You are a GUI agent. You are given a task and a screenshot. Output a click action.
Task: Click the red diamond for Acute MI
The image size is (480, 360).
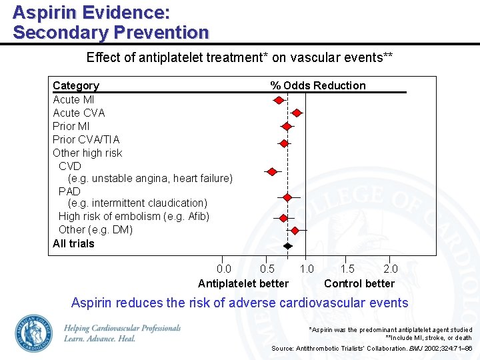pyautogui.click(x=279, y=100)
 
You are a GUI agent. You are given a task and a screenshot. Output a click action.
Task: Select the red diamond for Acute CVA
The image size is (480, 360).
pyautogui.click(x=297, y=113)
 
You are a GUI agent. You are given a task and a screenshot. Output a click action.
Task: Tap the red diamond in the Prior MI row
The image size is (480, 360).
pyautogui.click(x=287, y=126)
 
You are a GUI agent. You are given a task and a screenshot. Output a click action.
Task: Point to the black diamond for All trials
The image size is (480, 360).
pyautogui.click(x=287, y=245)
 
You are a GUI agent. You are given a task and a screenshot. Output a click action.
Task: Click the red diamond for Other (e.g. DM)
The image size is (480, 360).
pyautogui.click(x=295, y=230)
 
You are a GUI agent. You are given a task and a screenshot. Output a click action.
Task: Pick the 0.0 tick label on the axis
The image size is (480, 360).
pyautogui.click(x=225, y=269)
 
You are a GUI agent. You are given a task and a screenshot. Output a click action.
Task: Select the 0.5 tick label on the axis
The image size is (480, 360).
pyautogui.click(x=267, y=269)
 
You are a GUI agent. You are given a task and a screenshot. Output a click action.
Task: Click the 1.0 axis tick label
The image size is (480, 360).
pyautogui.click(x=307, y=269)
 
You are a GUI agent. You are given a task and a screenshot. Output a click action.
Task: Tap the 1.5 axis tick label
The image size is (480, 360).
pyautogui.click(x=348, y=269)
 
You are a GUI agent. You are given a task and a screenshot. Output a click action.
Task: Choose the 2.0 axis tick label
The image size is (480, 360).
pyautogui.click(x=391, y=269)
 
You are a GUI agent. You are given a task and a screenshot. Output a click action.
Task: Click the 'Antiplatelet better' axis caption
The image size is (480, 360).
pyautogui.click(x=243, y=283)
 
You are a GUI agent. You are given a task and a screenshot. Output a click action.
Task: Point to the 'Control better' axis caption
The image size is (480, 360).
pyautogui.click(x=359, y=283)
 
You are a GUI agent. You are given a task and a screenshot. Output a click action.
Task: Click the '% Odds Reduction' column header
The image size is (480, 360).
pyautogui.click(x=318, y=85)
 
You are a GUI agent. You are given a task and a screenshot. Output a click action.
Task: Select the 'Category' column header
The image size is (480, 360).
pyautogui.click(x=76, y=85)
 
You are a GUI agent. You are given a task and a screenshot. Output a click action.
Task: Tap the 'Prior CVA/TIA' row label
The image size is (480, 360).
pyautogui.click(x=86, y=139)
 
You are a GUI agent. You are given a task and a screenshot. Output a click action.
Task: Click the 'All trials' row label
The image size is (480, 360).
pyautogui.click(x=73, y=243)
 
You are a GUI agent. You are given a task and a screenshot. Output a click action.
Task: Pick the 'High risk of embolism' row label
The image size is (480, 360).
pyautogui.click(x=134, y=216)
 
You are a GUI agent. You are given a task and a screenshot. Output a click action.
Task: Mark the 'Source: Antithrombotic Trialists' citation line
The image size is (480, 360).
pyautogui.click(x=371, y=349)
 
